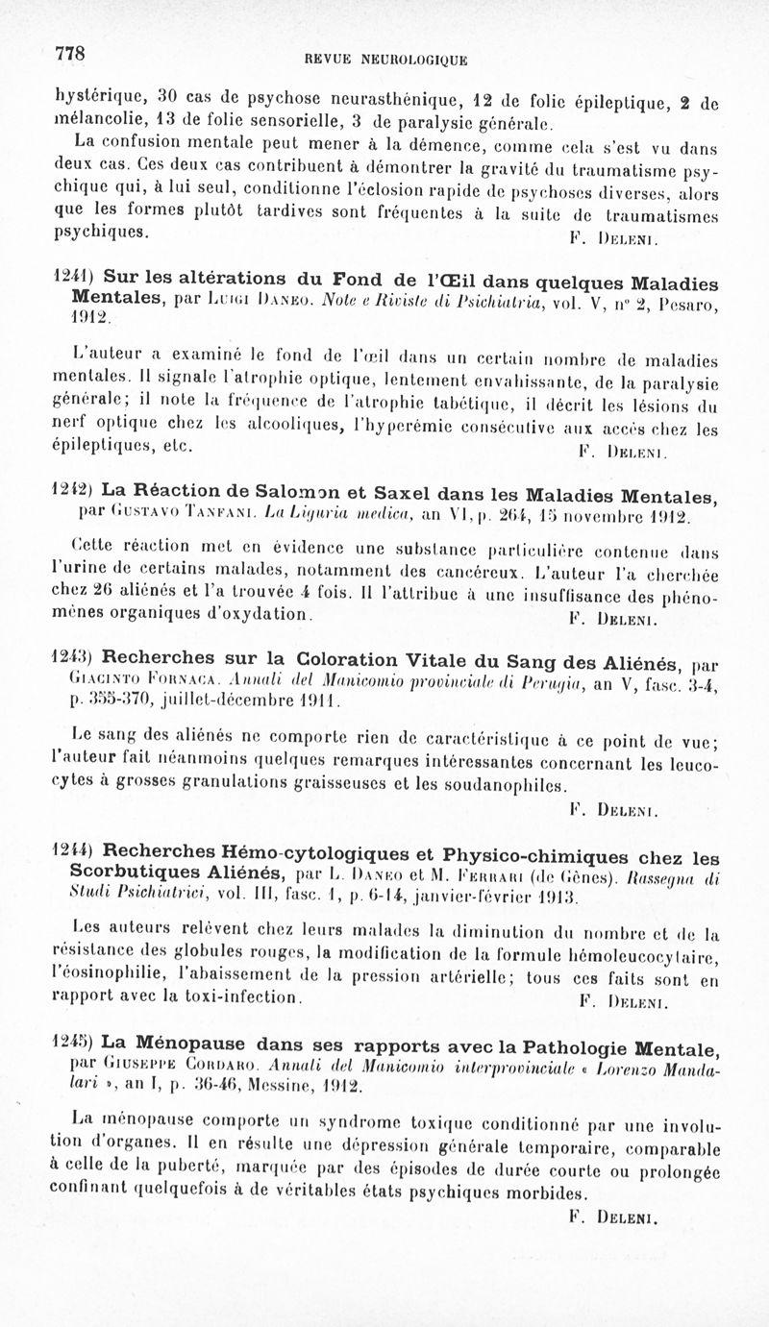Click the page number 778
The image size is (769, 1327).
[x=71, y=53]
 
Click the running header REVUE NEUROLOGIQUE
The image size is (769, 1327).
[x=385, y=61]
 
